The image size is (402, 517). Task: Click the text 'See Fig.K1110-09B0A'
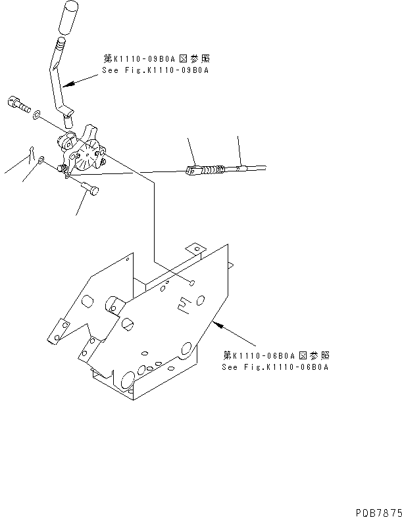155,70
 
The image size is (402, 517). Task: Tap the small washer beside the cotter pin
41,160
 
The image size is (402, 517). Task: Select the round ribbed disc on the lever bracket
84,156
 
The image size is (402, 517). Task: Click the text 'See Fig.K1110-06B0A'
275,367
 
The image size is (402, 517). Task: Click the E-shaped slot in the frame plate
186,302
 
